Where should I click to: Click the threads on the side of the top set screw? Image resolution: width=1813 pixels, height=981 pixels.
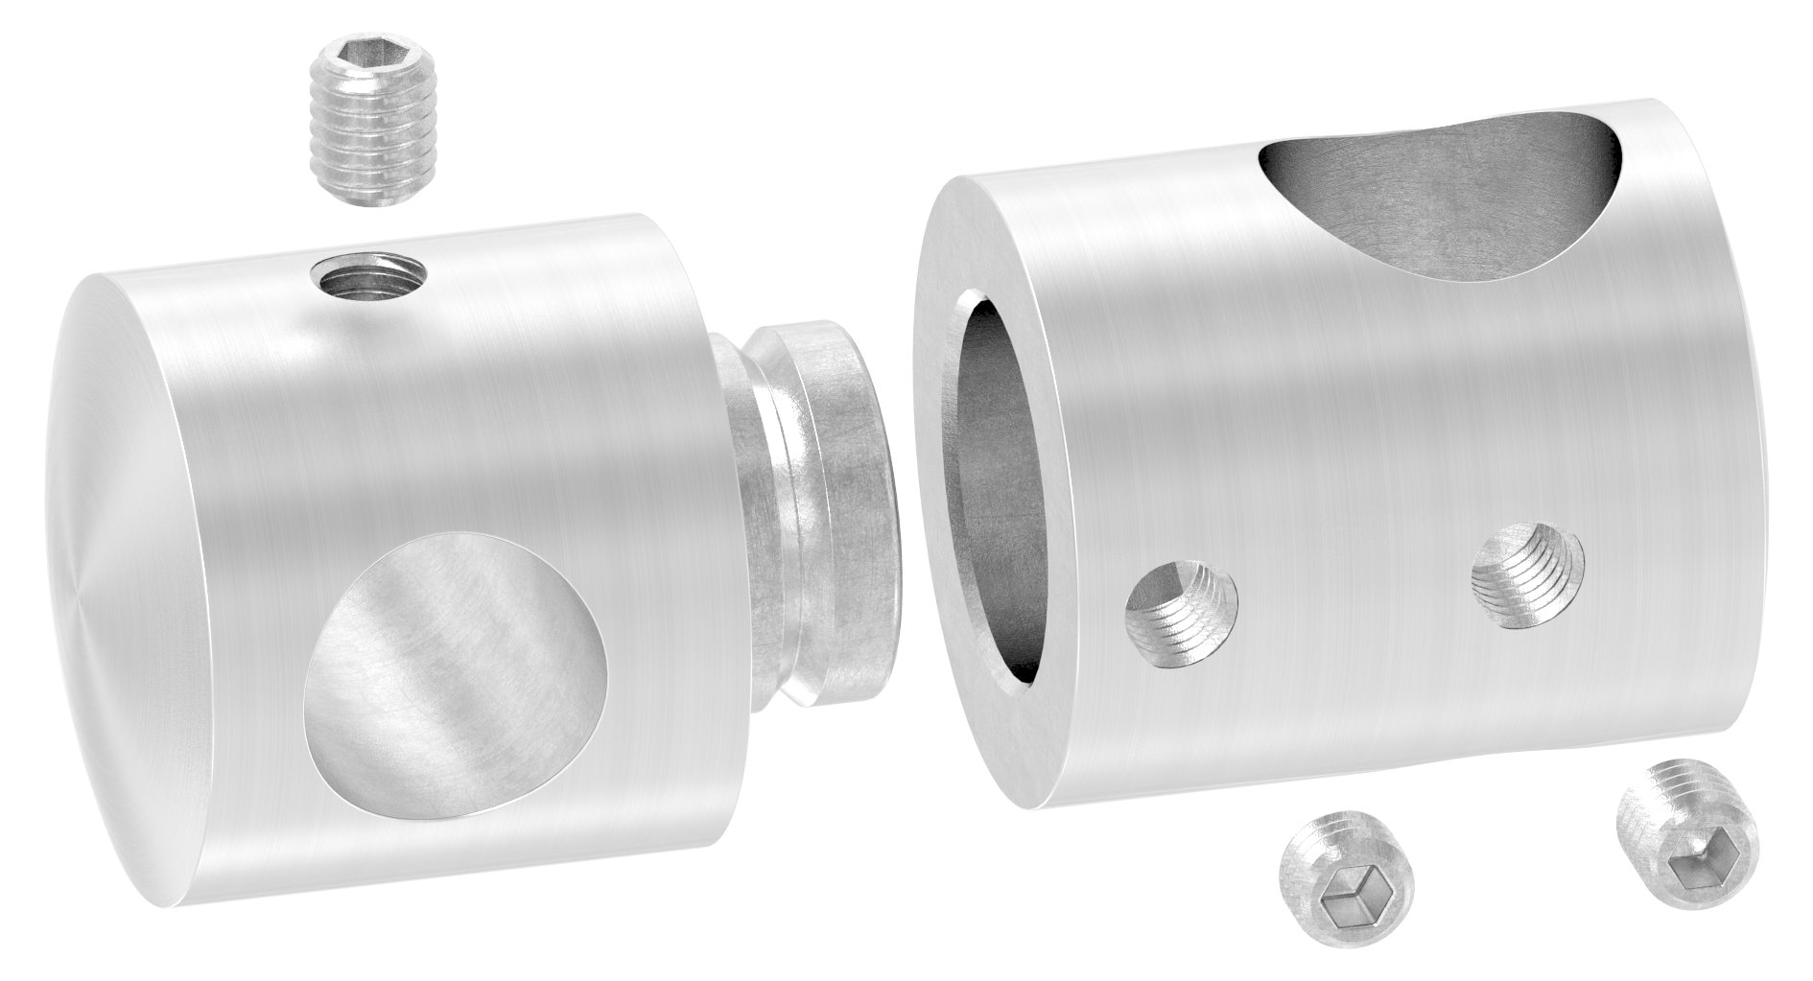[x=367, y=153]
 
